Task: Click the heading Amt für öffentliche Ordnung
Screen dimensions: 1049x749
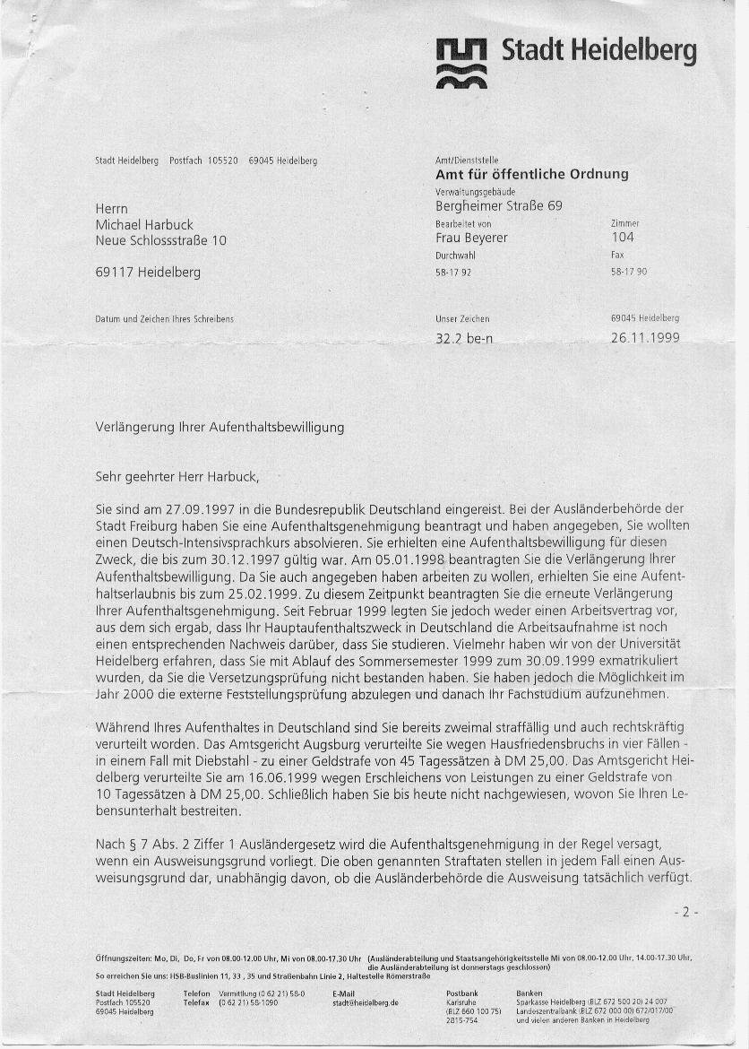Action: [531, 174]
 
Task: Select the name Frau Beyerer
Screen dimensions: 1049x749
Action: [471, 238]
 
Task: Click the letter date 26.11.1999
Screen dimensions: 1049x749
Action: [645, 338]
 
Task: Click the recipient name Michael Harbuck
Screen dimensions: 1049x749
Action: [144, 224]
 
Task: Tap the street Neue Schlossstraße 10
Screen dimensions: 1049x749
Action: [161, 240]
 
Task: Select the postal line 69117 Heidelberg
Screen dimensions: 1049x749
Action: [148, 272]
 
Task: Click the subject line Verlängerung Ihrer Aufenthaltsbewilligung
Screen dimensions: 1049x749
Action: [220, 428]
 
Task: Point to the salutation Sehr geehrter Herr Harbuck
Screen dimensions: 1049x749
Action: [176, 475]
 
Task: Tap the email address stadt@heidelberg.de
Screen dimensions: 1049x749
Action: [365, 1002]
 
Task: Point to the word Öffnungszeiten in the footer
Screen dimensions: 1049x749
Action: [120, 957]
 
